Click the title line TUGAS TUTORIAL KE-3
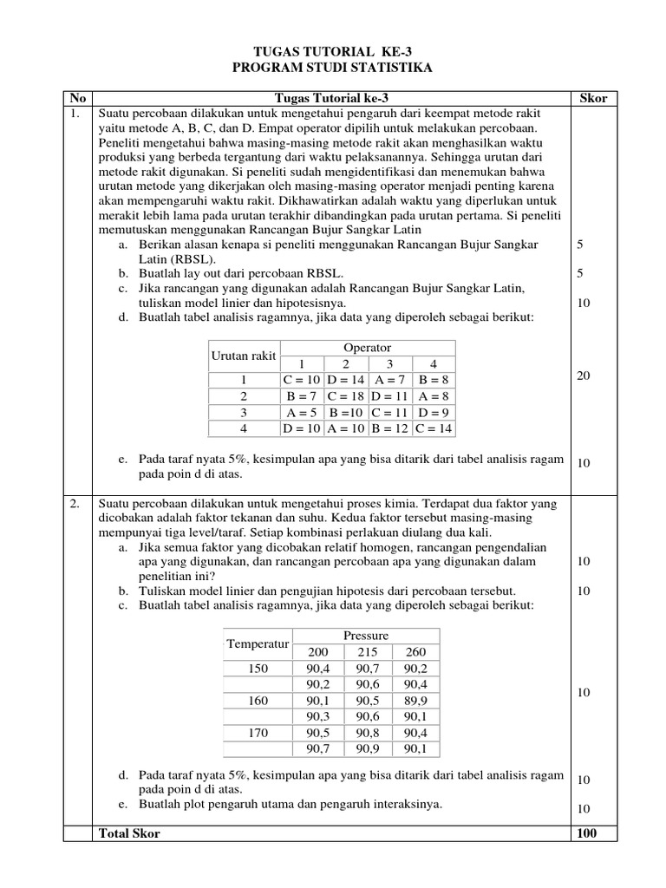(x=333, y=52)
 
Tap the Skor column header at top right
(x=592, y=98)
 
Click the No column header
(x=77, y=98)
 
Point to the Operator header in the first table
(x=368, y=348)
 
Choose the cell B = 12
(x=390, y=428)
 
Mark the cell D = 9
(x=434, y=412)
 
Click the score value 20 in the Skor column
(x=584, y=375)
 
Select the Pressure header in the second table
(x=366, y=636)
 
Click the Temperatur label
(x=257, y=643)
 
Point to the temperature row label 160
(x=259, y=700)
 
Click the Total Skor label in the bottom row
(x=130, y=832)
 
